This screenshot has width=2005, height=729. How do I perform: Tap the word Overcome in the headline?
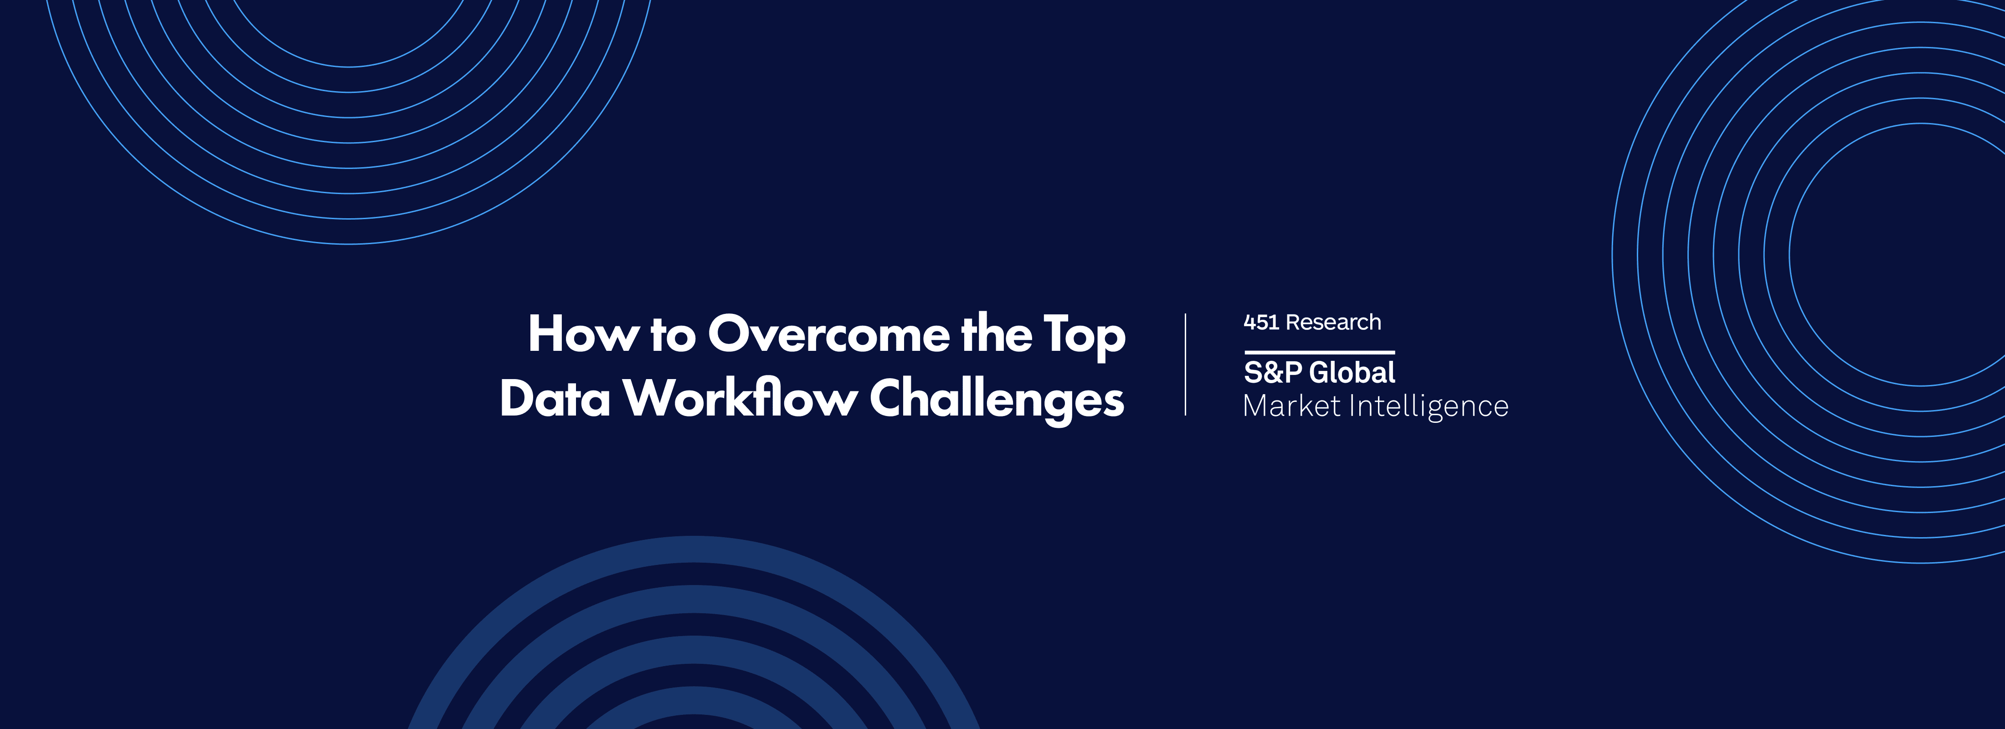(828, 334)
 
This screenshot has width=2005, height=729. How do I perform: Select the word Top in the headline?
(1084, 336)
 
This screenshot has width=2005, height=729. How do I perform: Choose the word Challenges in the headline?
(996, 400)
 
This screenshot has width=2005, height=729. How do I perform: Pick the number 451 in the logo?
(1261, 322)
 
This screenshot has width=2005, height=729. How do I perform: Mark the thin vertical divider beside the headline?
(1185, 364)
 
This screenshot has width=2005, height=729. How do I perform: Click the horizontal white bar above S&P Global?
(1319, 353)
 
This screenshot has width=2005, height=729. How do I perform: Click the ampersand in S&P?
(1273, 373)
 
